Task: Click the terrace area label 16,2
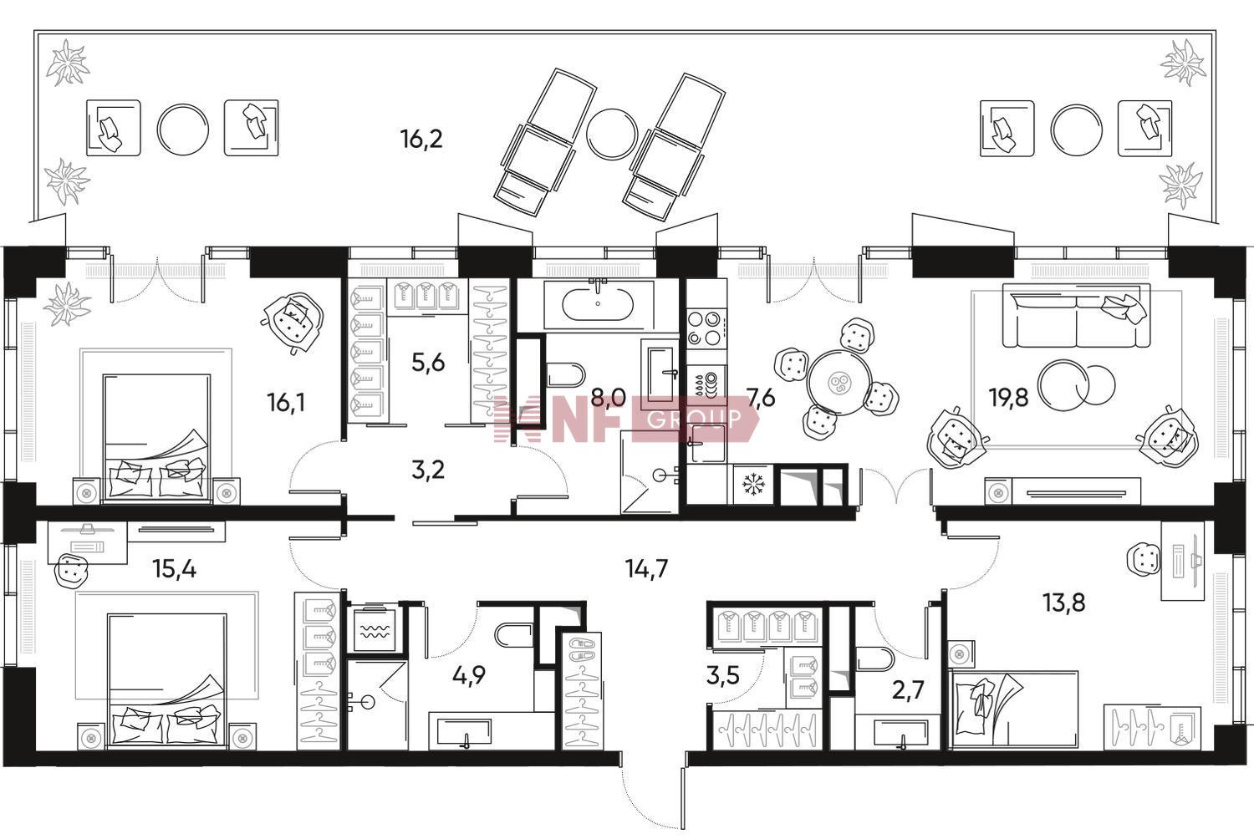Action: [421, 139]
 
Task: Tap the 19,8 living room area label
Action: [1008, 398]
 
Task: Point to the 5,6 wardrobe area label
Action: [428, 363]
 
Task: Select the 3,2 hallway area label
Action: [428, 470]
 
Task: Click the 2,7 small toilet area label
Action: [908, 691]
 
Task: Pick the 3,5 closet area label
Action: [723, 675]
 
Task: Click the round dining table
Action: [839, 382]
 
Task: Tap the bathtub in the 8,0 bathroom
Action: [598, 304]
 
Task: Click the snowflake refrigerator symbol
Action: [753, 485]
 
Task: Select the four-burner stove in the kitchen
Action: [707, 328]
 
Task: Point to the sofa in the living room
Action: [1076, 315]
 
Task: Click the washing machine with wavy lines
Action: [375, 629]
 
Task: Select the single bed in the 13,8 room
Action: [1013, 710]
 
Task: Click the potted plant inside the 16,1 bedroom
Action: [68, 304]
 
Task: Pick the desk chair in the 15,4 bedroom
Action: [72, 571]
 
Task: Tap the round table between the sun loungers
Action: [612, 134]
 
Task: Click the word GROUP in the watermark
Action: [694, 418]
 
